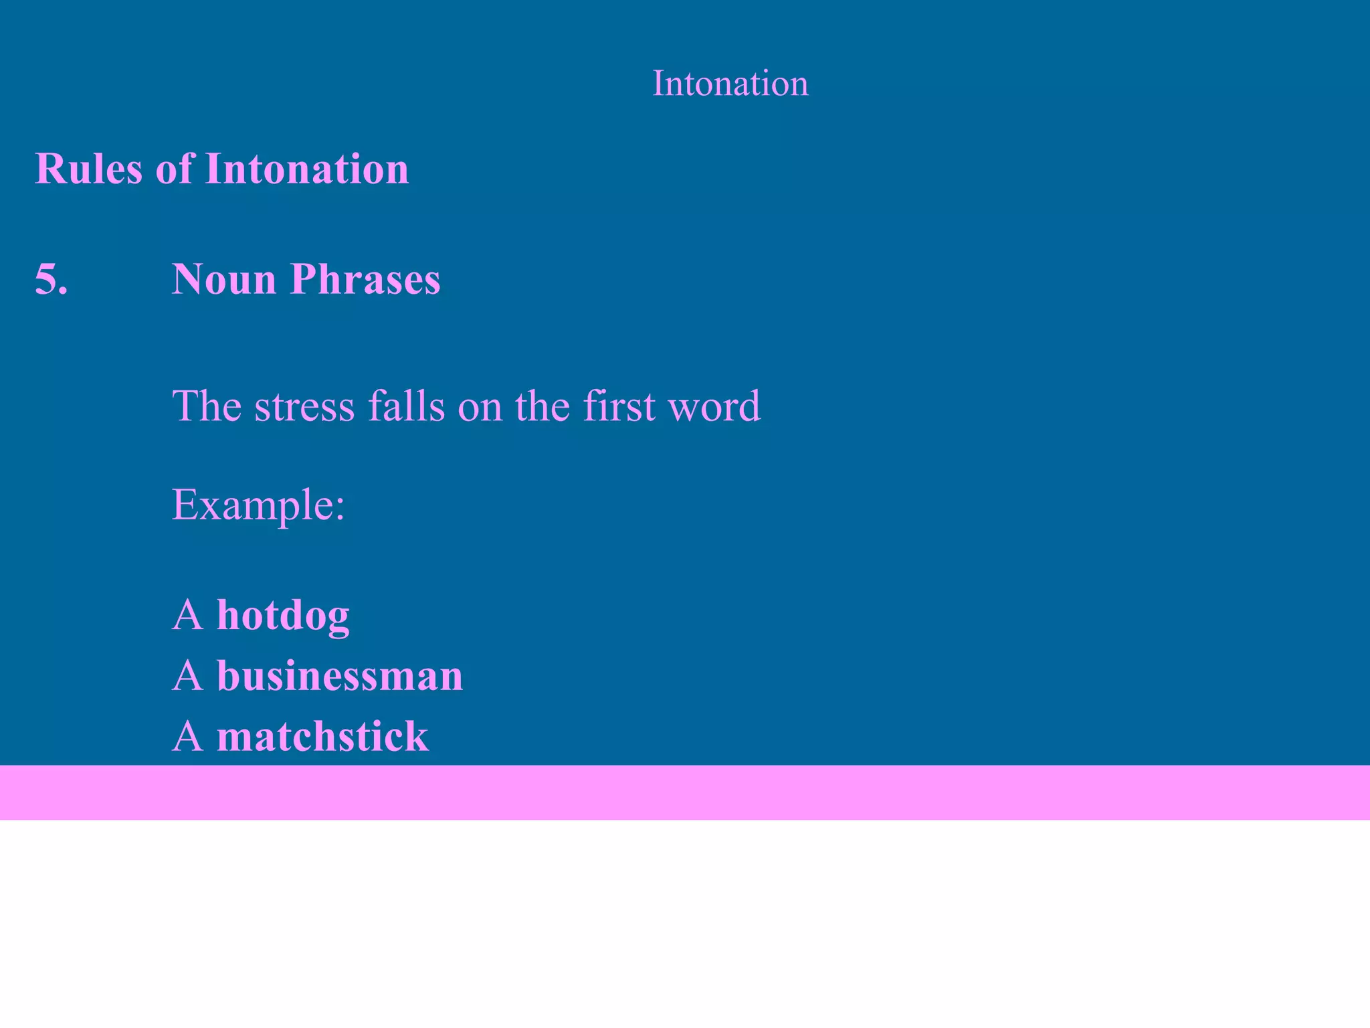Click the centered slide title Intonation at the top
coord(730,84)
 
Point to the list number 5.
coord(52,278)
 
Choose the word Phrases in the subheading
coord(365,280)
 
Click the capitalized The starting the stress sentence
coord(207,406)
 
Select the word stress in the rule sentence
coord(304,407)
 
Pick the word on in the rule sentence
coord(480,407)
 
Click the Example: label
coord(258,505)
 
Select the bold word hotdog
coord(283,615)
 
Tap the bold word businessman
coord(340,675)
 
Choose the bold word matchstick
coord(322,736)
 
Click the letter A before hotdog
coord(187,615)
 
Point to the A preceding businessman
coord(187,675)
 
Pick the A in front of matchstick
coord(187,736)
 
